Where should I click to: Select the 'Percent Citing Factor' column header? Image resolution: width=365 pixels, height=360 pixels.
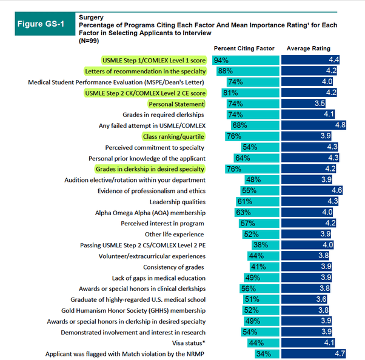(244, 48)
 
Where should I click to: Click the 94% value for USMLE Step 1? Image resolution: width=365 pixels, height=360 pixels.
(221, 60)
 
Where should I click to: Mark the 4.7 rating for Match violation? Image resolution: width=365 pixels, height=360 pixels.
(340, 354)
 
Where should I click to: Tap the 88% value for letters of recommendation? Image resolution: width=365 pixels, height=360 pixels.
(226, 71)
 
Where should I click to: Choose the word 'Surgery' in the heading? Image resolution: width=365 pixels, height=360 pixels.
(91, 18)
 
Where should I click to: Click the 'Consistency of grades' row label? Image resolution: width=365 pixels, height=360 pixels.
(174, 267)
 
